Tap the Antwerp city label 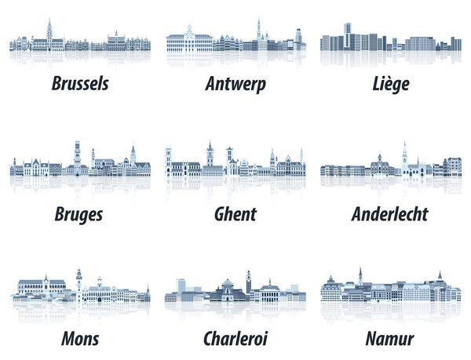(235, 82)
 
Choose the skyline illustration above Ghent (235, 163)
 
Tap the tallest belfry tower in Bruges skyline (77, 153)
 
